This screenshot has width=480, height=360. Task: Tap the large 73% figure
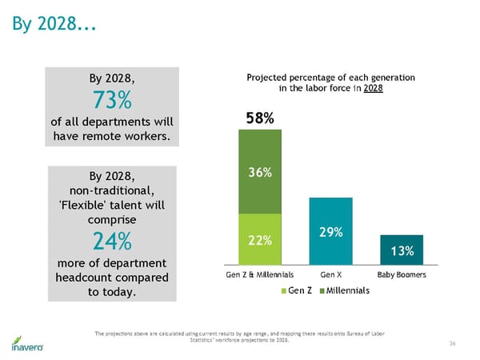[x=110, y=102]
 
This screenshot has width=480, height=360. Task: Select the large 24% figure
[x=110, y=241]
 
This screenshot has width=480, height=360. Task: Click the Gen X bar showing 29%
[x=330, y=231]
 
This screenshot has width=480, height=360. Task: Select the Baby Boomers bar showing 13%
[x=402, y=250]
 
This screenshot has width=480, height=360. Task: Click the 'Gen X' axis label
[x=330, y=274]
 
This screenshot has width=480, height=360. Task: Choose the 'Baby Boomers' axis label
[x=402, y=274]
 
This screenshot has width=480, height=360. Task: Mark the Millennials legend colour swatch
[x=323, y=290]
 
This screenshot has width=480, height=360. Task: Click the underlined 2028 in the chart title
[x=374, y=88]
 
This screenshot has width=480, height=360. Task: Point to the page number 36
[x=452, y=343]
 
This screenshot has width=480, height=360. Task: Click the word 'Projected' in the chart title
[x=269, y=77]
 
